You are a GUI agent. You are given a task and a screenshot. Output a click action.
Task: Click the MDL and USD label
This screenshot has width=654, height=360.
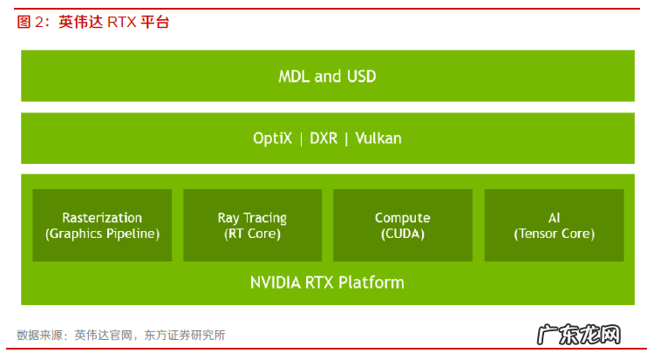[x=327, y=77]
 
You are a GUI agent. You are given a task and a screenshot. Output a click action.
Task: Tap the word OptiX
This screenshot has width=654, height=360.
[x=272, y=139]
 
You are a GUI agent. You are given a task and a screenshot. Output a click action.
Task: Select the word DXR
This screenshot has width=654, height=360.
[x=323, y=139]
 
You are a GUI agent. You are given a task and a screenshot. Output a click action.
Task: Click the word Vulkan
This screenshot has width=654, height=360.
[x=378, y=139]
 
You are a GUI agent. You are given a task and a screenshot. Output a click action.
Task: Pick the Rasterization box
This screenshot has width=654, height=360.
[x=102, y=225]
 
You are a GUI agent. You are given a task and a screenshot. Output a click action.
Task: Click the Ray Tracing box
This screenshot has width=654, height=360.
[x=252, y=225]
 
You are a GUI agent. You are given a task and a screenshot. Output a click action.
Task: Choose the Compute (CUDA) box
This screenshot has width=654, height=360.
[x=402, y=225]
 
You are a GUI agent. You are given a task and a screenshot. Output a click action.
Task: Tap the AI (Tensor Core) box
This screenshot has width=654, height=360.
[x=554, y=225]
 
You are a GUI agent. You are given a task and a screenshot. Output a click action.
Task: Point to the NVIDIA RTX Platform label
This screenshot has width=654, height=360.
[x=327, y=282]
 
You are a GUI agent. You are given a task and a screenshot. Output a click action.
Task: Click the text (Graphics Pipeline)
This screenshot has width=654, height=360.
[x=102, y=234]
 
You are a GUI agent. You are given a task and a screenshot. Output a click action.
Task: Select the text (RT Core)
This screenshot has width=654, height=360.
[x=252, y=234]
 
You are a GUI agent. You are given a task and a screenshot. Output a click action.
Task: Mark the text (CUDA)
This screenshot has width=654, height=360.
[x=402, y=234]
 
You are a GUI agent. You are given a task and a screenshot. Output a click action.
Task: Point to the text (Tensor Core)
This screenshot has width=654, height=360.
[x=554, y=234]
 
